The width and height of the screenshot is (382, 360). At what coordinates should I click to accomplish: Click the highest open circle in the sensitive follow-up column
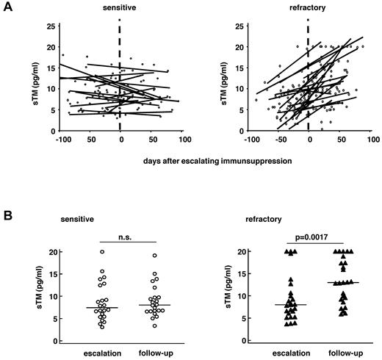pos(154,255)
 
